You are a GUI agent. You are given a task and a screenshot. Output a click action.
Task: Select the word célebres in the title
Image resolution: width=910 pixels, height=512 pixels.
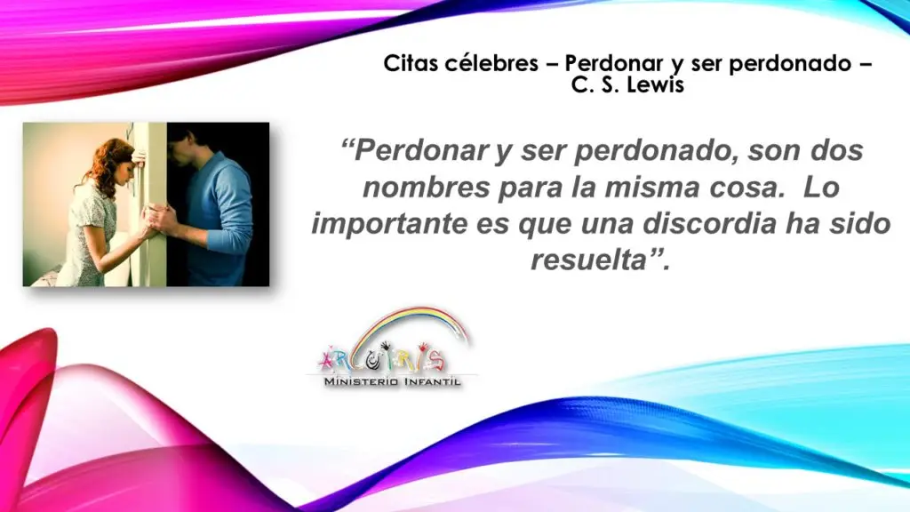tap(491, 63)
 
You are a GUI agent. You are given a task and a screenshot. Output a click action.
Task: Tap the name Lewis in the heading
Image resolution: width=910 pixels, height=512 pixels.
tap(658, 84)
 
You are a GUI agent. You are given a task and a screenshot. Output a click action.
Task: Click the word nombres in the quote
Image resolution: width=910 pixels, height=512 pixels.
tap(426, 187)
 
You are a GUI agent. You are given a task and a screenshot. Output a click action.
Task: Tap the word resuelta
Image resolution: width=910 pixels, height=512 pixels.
tap(588, 260)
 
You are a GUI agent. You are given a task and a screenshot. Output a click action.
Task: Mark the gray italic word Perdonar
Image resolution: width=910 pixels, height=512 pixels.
tap(420, 150)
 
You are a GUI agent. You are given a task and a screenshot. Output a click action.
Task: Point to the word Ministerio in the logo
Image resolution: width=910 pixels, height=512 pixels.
tap(361, 381)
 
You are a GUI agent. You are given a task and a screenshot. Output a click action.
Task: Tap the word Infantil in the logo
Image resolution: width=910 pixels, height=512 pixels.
tap(432, 381)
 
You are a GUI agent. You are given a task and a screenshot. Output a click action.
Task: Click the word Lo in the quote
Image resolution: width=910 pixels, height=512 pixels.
tap(822, 187)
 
